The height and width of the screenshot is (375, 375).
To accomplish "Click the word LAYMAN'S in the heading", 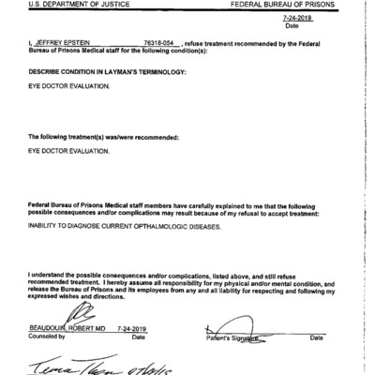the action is point(146,71).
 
